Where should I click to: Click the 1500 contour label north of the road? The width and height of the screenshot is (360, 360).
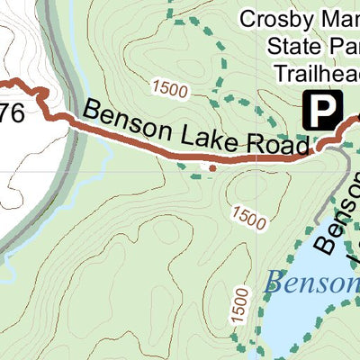click(171, 88)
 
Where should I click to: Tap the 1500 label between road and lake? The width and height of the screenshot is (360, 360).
click(249, 217)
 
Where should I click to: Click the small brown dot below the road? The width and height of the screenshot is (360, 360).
click(211, 167)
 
